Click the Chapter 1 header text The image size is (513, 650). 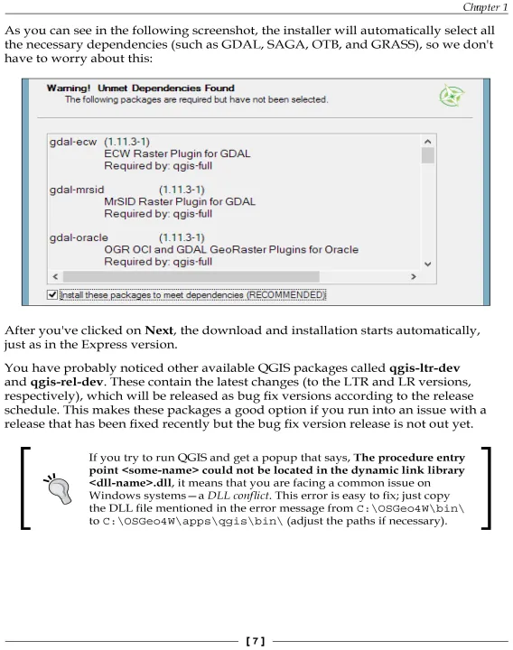click(x=485, y=7)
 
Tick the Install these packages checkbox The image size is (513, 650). click(x=52, y=294)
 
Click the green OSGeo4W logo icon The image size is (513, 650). click(x=452, y=96)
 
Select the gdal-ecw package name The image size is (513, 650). click(x=73, y=142)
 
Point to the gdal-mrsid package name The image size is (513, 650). click(x=77, y=190)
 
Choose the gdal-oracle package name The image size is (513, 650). click(x=79, y=237)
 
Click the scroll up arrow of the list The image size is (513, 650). click(x=428, y=142)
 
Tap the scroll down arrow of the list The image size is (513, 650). click(x=428, y=264)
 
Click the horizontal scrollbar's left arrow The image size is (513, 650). click(x=56, y=276)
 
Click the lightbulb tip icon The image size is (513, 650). click(x=58, y=488)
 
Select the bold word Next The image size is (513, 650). click(x=159, y=330)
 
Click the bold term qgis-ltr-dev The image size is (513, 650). click(x=424, y=368)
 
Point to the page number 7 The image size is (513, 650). click(x=256, y=641)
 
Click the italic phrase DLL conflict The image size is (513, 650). click(x=238, y=496)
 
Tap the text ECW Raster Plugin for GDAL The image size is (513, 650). click(x=177, y=153)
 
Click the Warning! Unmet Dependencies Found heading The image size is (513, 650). click(x=141, y=88)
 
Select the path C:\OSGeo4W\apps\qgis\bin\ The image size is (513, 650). click(x=192, y=521)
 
